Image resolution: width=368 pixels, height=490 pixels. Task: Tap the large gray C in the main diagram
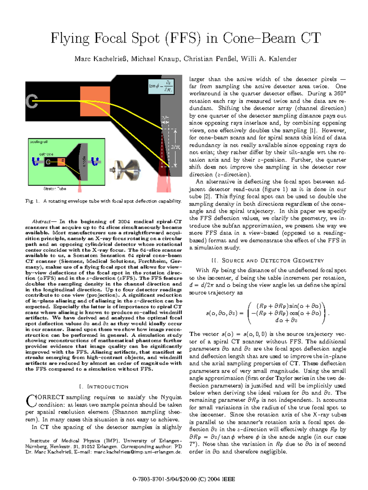32,101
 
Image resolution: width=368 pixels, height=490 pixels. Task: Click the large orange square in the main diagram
95,101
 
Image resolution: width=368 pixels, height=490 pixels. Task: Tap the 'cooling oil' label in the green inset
39,142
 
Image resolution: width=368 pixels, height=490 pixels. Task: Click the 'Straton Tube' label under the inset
55,189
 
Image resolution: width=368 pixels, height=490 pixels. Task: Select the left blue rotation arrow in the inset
35,161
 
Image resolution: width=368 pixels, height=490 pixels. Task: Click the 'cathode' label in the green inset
46,154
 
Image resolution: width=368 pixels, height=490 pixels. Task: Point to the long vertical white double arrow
175,148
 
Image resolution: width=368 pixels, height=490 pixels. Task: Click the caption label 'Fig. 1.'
32,201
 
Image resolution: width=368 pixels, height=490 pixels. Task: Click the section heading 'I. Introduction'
104,387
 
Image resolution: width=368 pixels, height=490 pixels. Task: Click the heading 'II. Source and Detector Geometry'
267,261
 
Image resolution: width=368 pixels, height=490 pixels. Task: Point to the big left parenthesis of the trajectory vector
250,313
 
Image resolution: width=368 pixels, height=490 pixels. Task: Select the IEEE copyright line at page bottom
184,479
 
